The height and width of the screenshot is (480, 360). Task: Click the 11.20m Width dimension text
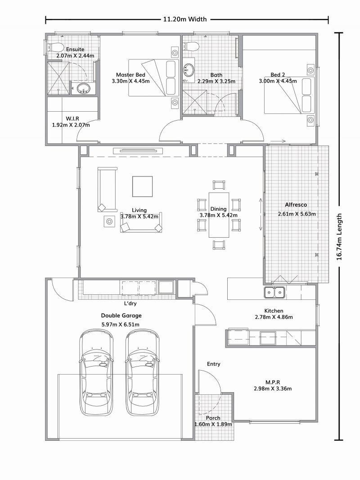coord(185,19)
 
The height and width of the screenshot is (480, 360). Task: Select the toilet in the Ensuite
coord(56,47)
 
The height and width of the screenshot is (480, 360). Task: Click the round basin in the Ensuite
coord(83,89)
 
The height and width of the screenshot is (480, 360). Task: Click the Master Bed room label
coord(130,75)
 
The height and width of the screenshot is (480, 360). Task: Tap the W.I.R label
coord(72,118)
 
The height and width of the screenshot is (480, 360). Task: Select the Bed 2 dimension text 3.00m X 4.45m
coord(278,81)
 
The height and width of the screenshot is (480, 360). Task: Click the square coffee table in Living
coord(142,186)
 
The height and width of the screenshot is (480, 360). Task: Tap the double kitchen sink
coord(274,293)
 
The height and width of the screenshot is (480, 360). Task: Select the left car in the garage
coord(96,372)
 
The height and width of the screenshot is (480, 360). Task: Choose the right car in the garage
coord(142,372)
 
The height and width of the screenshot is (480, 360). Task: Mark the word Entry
coord(213,364)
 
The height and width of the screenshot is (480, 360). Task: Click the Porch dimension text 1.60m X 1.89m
coord(213,424)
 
